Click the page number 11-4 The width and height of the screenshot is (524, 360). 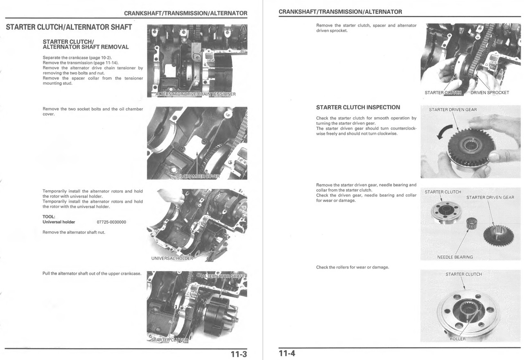tap(287, 353)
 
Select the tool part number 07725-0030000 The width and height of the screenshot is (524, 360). tap(111, 222)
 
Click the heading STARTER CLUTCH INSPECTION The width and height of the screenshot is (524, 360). tap(358, 107)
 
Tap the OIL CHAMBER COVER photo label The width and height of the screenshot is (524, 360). tap(198, 177)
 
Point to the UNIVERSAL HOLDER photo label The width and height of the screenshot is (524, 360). tap(172, 258)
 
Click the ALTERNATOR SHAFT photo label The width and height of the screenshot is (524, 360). tap(223, 276)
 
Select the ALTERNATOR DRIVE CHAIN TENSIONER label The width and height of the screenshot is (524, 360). tap(196, 94)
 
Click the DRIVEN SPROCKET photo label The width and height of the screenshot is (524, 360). tap(490, 93)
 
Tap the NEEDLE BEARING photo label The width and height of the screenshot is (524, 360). tap(455, 257)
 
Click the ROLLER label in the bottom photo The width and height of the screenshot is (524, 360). tap(457, 339)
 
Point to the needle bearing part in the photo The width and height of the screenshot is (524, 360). tap(473, 225)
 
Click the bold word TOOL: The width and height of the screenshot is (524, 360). tap(49, 217)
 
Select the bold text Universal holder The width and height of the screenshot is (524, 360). tap(59, 222)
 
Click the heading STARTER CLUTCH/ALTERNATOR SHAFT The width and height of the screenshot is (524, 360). tap(69, 27)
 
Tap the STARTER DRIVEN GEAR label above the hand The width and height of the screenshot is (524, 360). tap(452, 109)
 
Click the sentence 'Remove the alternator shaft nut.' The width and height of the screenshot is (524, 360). tap(74, 232)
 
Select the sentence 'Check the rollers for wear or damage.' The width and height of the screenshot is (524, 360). tap(352, 267)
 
